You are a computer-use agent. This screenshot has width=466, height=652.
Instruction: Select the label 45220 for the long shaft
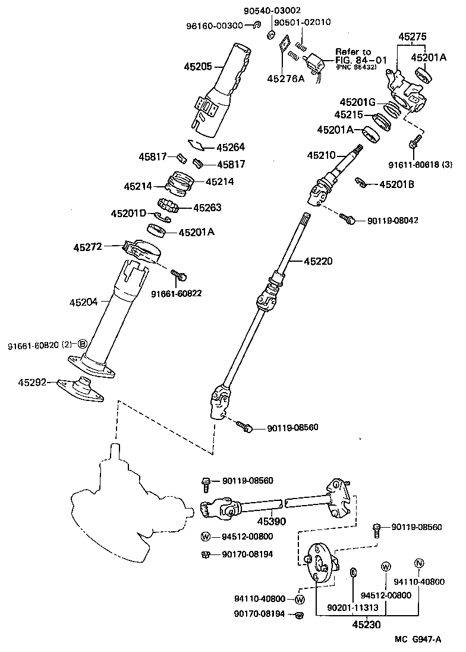coord(319,261)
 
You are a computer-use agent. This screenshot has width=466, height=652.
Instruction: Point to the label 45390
coord(272,522)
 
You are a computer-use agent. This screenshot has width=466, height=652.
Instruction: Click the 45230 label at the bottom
coord(366,625)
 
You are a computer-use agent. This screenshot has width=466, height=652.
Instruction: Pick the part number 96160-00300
coord(216,25)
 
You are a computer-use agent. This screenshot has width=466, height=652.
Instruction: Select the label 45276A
coord(285,78)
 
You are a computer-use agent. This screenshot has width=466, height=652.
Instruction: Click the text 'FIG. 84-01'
coord(361,60)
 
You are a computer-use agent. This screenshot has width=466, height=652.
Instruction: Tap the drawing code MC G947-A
coord(418,640)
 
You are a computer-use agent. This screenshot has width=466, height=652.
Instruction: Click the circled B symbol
coord(83,344)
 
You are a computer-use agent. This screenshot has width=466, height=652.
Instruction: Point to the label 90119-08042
coord(393,220)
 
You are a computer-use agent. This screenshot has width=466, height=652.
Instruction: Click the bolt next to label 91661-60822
coord(179,275)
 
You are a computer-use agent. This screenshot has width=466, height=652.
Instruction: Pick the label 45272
coord(88,246)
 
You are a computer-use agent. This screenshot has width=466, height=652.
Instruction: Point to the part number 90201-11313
coord(352,608)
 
